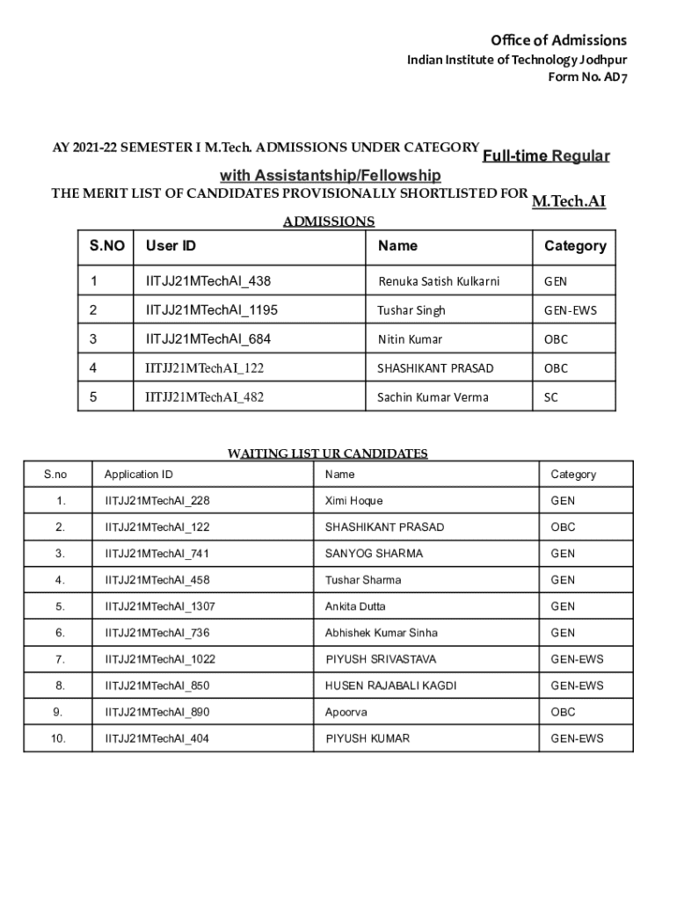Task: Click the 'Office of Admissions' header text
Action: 558,40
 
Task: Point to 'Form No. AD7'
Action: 587,77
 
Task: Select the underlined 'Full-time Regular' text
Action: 545,156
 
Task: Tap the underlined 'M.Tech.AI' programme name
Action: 569,202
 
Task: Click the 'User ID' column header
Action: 171,246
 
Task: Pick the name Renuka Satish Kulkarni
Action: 439,281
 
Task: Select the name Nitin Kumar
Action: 410,339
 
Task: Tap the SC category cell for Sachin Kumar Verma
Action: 550,397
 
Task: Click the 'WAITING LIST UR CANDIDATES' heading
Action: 327,454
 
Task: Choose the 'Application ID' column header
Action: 138,475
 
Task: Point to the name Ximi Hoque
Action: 353,501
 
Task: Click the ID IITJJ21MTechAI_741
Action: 157,554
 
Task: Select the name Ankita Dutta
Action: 355,606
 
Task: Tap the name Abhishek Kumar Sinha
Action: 381,633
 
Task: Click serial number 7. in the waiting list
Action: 59,659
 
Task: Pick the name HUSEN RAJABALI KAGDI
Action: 390,686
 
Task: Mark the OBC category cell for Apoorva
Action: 563,712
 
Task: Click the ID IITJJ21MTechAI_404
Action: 157,738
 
